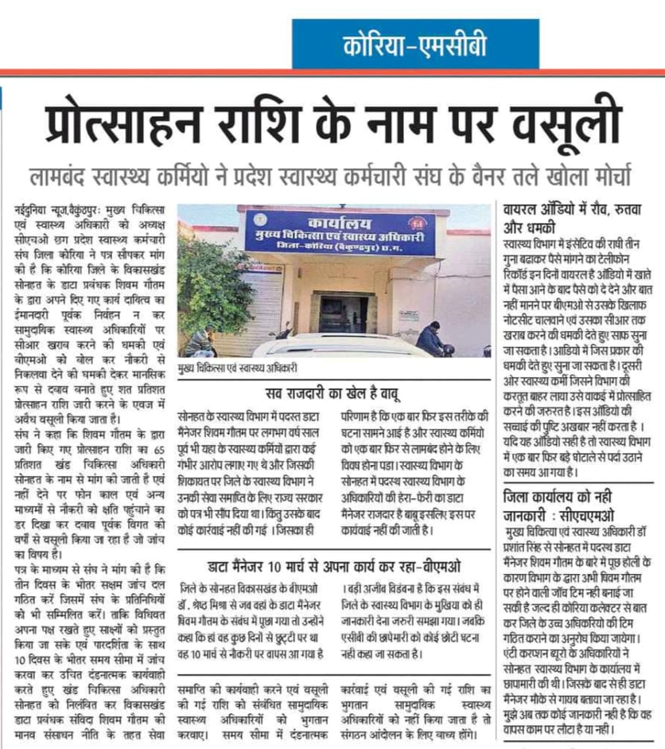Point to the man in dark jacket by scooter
point(430,337)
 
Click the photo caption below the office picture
point(238,367)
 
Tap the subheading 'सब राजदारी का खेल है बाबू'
point(334,392)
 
